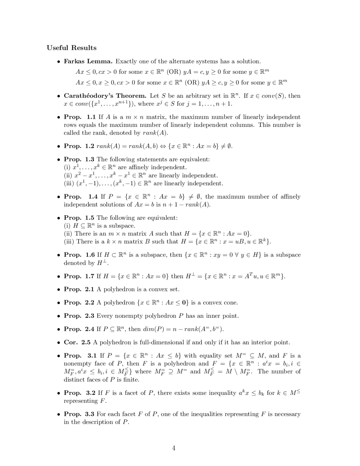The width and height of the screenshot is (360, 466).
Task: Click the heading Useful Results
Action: coord(71,48)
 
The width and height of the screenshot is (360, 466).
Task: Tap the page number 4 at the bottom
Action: coord(174,448)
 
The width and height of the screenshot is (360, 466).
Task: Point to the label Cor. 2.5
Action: coord(77,342)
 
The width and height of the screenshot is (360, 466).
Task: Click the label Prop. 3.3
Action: coord(79,414)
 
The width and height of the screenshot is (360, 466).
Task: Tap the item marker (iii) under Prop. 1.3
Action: coord(68,183)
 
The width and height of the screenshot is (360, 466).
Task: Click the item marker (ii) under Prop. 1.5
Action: coord(68,234)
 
